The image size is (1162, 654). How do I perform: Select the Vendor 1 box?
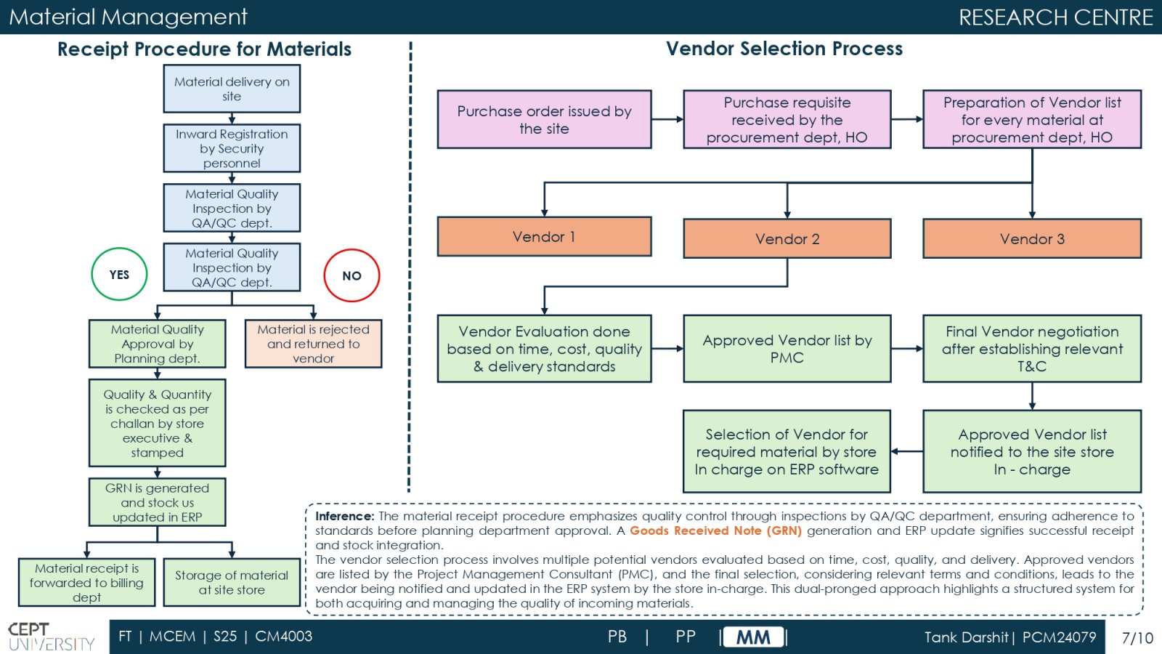[544, 237]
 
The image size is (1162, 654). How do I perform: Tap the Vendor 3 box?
[1032, 239]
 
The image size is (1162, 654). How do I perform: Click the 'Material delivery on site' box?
[232, 89]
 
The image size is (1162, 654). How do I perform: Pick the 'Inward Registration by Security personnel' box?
[232, 148]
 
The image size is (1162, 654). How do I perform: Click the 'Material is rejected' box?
[313, 344]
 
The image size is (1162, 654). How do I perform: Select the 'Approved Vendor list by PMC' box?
[787, 349]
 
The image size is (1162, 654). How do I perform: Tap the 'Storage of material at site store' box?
[232, 582]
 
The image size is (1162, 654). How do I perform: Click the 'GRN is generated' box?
[157, 502]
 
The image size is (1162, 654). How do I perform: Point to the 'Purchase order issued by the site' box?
[544, 119]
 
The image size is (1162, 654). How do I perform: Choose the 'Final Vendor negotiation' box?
[1032, 349]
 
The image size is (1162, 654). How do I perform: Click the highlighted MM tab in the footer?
[753, 637]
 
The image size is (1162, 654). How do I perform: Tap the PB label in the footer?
[617, 637]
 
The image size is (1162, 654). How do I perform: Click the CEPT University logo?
[52, 637]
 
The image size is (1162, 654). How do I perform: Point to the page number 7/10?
[1137, 637]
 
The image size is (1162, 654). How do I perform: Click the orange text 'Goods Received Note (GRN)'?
[715, 530]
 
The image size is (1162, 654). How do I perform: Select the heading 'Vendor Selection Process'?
[784, 48]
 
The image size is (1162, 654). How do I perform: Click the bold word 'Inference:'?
[344, 516]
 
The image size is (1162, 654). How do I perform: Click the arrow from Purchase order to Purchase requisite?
[667, 119]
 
